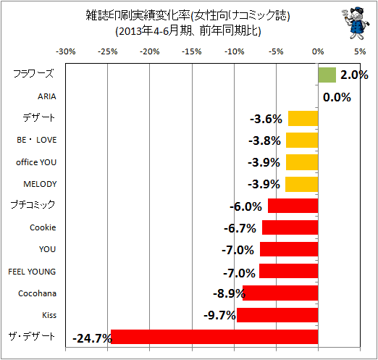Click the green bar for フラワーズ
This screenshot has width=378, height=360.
pyautogui.click(x=327, y=75)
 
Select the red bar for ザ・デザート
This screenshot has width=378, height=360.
pyautogui.click(x=214, y=337)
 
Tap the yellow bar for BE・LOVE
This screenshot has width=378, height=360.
pyautogui.click(x=302, y=140)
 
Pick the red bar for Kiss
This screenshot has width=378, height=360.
pyautogui.click(x=277, y=315)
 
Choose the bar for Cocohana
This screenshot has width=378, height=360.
pyautogui.click(x=280, y=293)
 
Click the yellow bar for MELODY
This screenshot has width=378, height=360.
pyautogui.click(x=302, y=184)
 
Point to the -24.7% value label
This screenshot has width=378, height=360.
pyautogui.click(x=92, y=338)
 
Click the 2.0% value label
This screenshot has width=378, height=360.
pyautogui.click(x=354, y=75)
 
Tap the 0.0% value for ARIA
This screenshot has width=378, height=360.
pyautogui.click(x=337, y=97)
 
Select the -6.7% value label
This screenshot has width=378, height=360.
pyautogui.click(x=240, y=228)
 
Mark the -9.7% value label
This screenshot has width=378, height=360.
pyautogui.click(x=219, y=315)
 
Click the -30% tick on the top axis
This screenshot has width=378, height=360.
pyautogui.click(x=66, y=51)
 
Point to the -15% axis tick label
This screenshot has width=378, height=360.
pyautogui.click(x=192, y=51)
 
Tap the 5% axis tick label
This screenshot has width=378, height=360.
pyautogui.click(x=360, y=51)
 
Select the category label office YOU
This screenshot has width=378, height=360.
pyautogui.click(x=36, y=162)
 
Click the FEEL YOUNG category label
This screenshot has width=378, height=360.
pyautogui.click(x=32, y=272)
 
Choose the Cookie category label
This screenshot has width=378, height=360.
pyautogui.click(x=43, y=227)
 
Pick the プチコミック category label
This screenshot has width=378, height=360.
pyautogui.click(x=33, y=205)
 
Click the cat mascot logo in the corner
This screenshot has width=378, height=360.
pyautogui.click(x=355, y=23)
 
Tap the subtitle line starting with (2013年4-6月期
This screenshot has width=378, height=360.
pyautogui.click(x=188, y=30)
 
